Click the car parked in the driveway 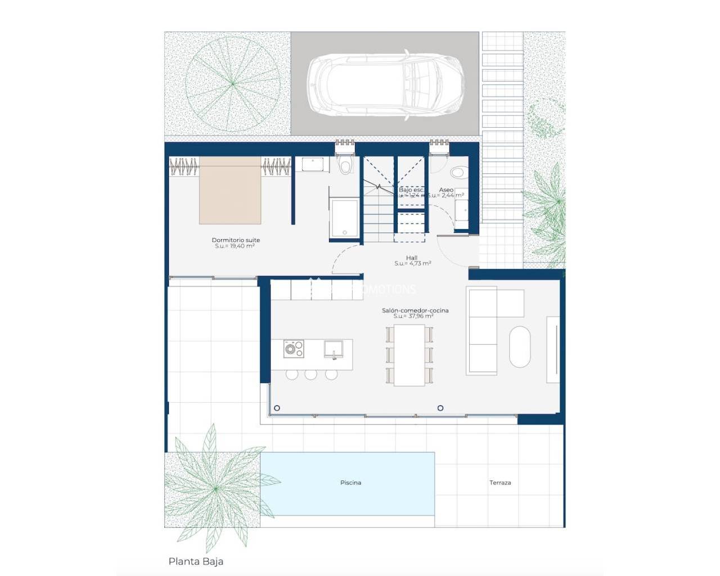click(x=386, y=84)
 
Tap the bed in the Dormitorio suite click(x=230, y=191)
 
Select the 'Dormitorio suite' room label click(x=236, y=240)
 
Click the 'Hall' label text click(x=412, y=258)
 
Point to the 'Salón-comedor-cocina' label click(x=415, y=310)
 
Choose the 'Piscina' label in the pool click(x=350, y=483)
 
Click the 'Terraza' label click(x=500, y=483)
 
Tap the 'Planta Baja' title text click(x=196, y=561)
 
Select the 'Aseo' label click(x=446, y=190)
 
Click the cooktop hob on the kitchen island click(x=293, y=349)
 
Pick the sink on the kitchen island click(x=334, y=349)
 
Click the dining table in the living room click(x=409, y=355)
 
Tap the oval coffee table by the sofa click(x=520, y=347)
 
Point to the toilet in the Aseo click(x=458, y=171)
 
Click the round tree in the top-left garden click(x=232, y=84)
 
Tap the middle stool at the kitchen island click(x=311, y=375)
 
